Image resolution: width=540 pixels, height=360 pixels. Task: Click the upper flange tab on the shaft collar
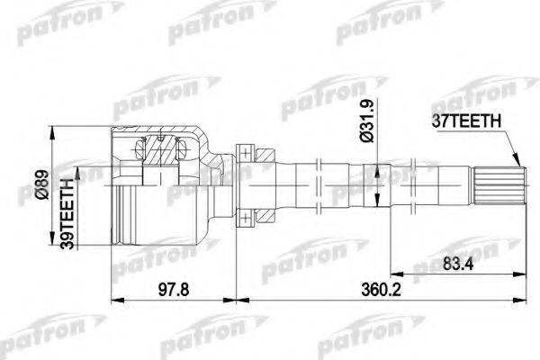coord(243,151)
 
